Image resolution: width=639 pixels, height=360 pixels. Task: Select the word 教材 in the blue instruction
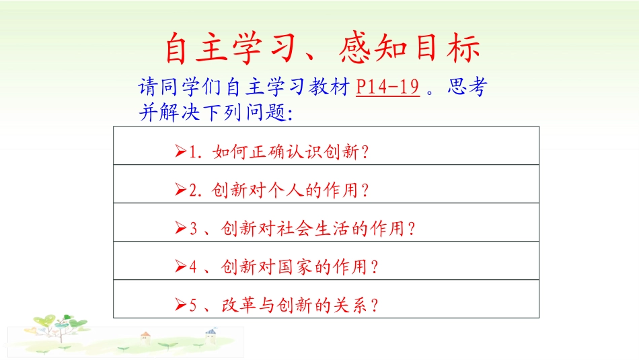point(330,87)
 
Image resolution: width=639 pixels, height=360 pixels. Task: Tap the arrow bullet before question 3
point(180,229)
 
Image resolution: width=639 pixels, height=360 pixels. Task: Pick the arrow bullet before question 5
point(180,305)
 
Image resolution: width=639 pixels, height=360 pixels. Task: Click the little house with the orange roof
point(144,336)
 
